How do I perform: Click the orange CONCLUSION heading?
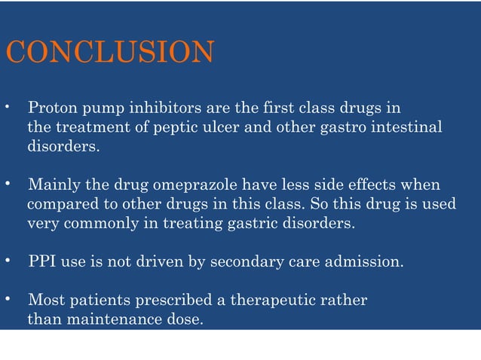pos(110,53)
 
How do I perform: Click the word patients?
pos(100,301)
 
